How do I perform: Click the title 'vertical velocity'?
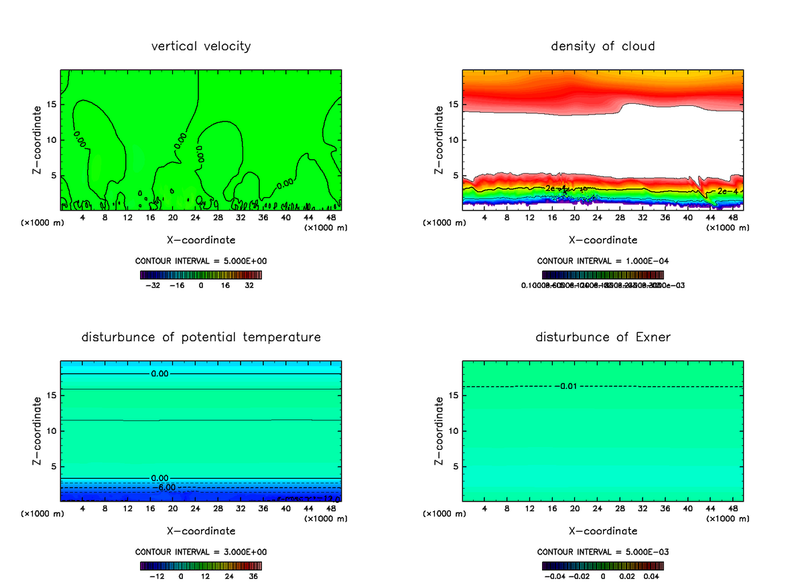click(201, 46)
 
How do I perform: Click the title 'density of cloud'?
click(603, 46)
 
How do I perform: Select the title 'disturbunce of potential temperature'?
click(201, 337)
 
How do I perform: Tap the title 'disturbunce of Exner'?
click(603, 337)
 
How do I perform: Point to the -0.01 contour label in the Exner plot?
click(566, 386)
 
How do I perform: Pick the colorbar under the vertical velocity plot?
click(201, 275)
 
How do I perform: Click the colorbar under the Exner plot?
click(603, 566)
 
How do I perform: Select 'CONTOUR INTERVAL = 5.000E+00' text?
click(201, 261)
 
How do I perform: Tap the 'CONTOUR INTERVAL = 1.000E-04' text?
click(603, 261)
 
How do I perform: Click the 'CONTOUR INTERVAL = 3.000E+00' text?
click(201, 552)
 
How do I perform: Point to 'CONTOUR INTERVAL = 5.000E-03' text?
click(603, 552)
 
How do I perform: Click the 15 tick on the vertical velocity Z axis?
click(52, 105)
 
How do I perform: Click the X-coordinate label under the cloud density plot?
click(603, 239)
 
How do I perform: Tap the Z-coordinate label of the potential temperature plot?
click(38, 430)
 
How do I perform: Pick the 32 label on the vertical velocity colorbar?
click(249, 285)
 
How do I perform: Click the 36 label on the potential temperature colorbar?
click(253, 576)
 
